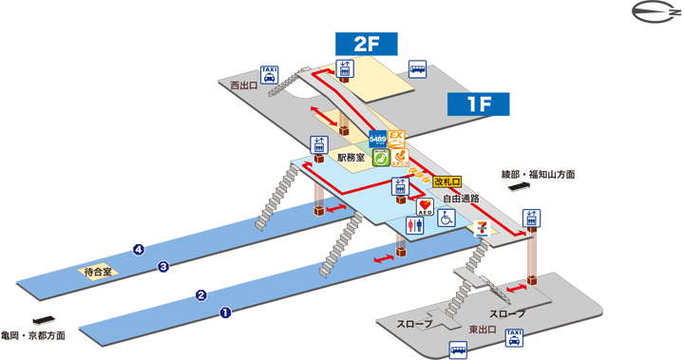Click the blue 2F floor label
[x=366, y=45]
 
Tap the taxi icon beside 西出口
[x=270, y=75]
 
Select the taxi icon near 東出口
[x=514, y=337]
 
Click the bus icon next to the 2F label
[x=417, y=69]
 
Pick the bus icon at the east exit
[x=459, y=351]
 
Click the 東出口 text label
[x=484, y=329]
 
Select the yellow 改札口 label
[x=446, y=181]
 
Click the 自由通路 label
[x=461, y=199]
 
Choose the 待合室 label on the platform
[x=96, y=271]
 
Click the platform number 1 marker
[x=225, y=312]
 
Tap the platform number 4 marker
[x=139, y=250]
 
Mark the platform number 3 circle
[x=163, y=267]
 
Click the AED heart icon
[x=426, y=205]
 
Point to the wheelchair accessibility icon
[x=446, y=218]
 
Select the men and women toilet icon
[x=415, y=225]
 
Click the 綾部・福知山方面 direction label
[x=538, y=175]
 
